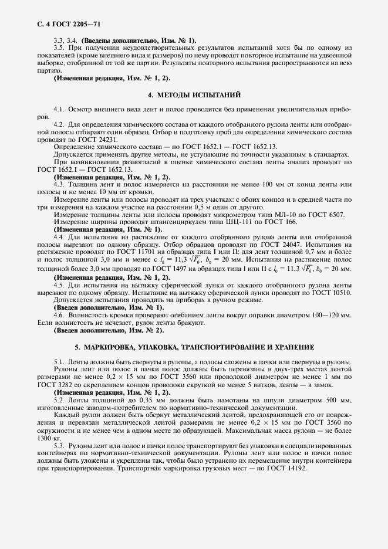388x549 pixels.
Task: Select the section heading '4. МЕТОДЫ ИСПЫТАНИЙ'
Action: click(193, 94)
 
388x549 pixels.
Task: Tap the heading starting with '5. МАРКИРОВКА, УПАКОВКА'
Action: click(193, 347)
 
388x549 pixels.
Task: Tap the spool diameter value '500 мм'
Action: click(335, 400)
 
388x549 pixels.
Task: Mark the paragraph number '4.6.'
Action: click(60, 316)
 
